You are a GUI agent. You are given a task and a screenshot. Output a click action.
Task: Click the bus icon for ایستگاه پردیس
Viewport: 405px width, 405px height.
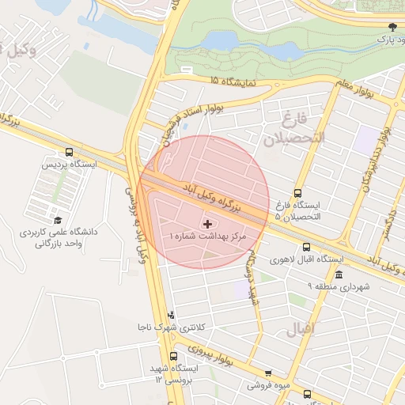(x=70, y=153)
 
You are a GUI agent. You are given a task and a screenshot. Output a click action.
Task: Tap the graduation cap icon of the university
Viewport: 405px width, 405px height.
(x=57, y=220)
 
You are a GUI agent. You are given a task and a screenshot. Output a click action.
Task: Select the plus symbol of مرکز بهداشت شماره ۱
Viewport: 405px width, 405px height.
(x=208, y=225)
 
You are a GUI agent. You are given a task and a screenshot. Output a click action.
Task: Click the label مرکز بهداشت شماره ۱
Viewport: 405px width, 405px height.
(x=208, y=237)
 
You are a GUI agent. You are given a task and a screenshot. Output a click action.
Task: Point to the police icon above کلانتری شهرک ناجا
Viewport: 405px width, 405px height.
(x=171, y=315)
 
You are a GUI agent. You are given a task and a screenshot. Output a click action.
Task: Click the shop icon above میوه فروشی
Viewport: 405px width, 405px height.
(x=267, y=373)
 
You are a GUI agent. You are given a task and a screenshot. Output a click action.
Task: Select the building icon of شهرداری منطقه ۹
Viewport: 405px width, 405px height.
(x=339, y=274)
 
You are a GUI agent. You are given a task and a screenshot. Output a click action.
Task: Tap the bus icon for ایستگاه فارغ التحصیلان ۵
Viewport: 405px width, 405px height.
(x=297, y=192)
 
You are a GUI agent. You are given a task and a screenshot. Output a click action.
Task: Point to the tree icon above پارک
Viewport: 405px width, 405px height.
(x=392, y=25)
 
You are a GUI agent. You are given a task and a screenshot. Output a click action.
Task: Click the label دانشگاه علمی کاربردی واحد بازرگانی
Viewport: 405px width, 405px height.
(x=52, y=238)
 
